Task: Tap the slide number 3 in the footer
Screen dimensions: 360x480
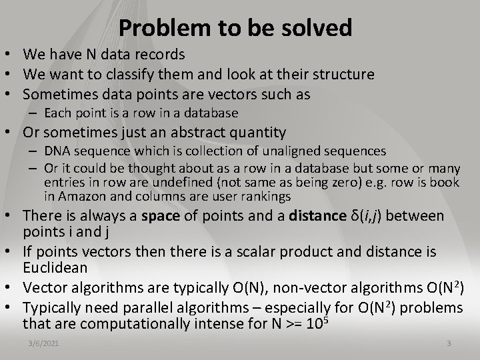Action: pos(448,343)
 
